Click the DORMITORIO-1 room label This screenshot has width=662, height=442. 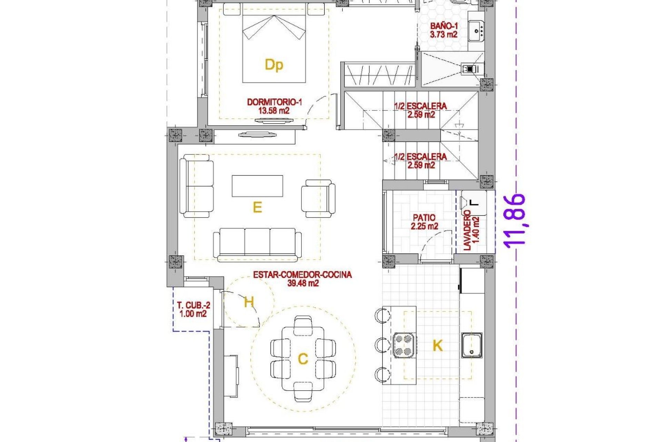(274, 106)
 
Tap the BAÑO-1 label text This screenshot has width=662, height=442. (443, 30)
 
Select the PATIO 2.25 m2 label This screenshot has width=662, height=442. (424, 222)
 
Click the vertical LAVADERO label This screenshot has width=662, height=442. (471, 230)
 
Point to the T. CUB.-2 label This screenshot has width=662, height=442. (193, 309)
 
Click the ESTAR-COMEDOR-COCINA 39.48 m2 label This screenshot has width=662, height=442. (302, 279)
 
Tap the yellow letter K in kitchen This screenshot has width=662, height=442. (437, 345)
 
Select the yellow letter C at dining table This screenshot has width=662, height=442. (303, 359)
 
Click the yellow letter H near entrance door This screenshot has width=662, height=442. (249, 302)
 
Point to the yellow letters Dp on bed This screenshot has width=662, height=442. (274, 65)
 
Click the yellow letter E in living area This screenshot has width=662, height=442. (257, 208)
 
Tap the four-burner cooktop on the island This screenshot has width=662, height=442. (404, 345)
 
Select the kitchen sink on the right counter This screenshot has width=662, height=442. (472, 345)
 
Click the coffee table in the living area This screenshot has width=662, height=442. (257, 186)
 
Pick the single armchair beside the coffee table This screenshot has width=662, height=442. (318, 199)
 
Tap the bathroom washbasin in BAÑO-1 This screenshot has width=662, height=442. (476, 31)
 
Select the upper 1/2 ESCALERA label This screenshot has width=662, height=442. (421, 110)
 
